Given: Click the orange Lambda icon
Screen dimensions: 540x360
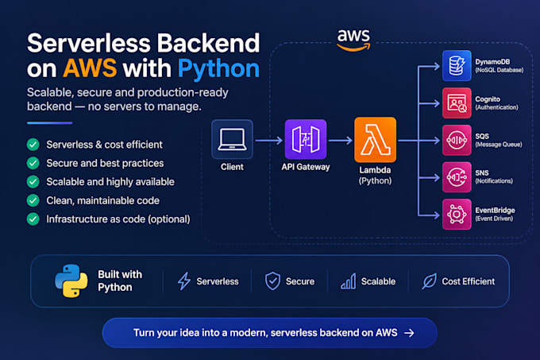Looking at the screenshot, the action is [375, 140].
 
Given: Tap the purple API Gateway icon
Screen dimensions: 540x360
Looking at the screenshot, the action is [306, 139].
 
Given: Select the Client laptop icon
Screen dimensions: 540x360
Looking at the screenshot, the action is [232, 139].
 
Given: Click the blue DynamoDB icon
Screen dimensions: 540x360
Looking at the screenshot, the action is [457, 65].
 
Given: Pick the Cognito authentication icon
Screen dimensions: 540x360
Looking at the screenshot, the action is [457, 103].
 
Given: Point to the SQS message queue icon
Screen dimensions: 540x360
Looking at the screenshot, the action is [457, 140].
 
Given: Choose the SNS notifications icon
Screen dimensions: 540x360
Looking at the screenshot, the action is [457, 177].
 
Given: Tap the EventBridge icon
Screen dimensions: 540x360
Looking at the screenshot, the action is [457, 215].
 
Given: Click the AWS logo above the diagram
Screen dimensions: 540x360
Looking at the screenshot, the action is [353, 40].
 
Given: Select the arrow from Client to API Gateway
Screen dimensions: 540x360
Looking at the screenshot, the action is [269, 140].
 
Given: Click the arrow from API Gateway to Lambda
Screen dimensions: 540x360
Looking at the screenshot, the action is [340, 140].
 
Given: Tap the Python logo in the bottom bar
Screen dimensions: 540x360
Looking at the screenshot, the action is [71, 281].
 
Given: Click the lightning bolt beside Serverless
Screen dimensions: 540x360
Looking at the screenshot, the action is [184, 281].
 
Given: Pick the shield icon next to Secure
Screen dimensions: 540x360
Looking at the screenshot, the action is [272, 281].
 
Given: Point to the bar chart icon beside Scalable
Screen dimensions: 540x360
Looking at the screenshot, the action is [348, 281].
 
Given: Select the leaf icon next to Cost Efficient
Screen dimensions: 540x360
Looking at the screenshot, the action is [429, 281].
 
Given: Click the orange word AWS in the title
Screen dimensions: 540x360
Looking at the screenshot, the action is [90, 68].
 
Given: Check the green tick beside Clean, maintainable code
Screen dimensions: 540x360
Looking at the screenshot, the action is [33, 200].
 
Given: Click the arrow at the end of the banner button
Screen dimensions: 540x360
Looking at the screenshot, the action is [409, 333].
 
